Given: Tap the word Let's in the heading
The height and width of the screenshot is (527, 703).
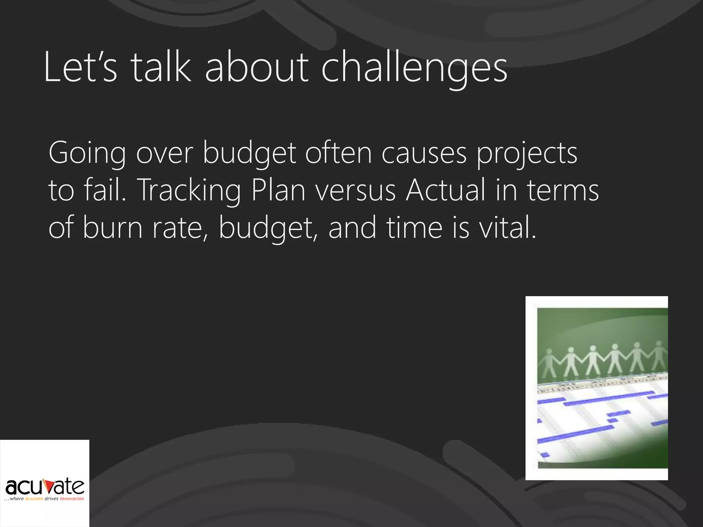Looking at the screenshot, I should pyautogui.click(x=81, y=68).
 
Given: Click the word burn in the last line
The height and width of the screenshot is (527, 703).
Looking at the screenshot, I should pyautogui.click(x=113, y=228).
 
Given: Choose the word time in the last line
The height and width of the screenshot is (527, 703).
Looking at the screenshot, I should pyautogui.click(x=415, y=228).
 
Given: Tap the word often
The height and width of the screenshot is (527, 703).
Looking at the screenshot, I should pyautogui.click(x=338, y=153).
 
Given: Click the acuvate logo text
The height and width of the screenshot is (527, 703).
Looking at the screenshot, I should pyautogui.click(x=45, y=487).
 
